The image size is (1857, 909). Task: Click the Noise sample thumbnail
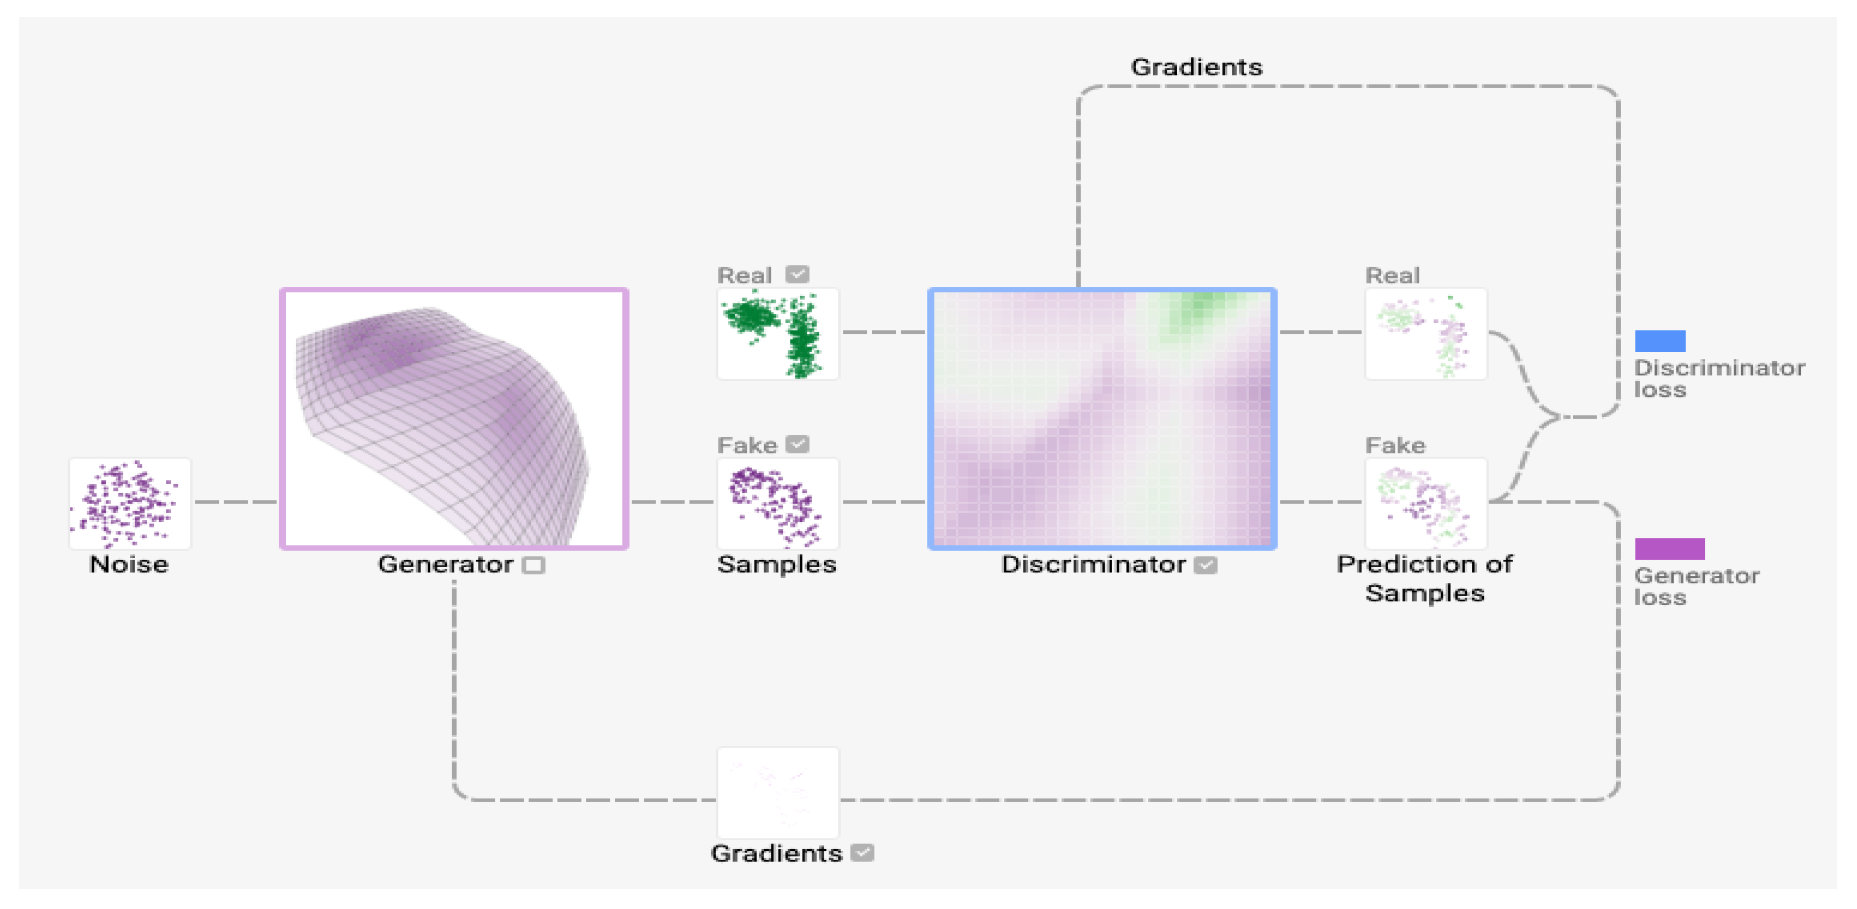pyautogui.click(x=130, y=503)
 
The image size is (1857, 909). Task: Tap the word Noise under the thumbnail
pyautogui.click(x=128, y=563)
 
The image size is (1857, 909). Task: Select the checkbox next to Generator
pyautogui.click(x=533, y=565)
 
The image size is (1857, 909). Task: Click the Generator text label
pyautogui.click(x=445, y=563)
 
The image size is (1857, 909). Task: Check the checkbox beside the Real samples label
pyautogui.click(x=797, y=274)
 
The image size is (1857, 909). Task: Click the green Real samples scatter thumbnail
pyautogui.click(x=777, y=333)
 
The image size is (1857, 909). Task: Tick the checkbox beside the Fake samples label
pyautogui.click(x=797, y=443)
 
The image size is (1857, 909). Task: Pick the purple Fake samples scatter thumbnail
pyautogui.click(x=777, y=503)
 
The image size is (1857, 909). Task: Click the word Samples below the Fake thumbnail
pyautogui.click(x=776, y=563)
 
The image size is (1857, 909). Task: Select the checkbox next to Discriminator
pyautogui.click(x=1205, y=565)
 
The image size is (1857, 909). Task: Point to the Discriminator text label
pyautogui.click(x=1093, y=563)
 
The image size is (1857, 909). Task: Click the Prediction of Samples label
pyautogui.click(x=1425, y=577)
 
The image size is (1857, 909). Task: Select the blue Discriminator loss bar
pyautogui.click(x=1659, y=340)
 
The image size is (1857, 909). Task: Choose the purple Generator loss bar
pyautogui.click(x=1669, y=548)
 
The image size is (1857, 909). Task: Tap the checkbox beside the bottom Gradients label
pyautogui.click(x=862, y=853)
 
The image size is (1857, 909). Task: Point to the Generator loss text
pyautogui.click(x=1696, y=586)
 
